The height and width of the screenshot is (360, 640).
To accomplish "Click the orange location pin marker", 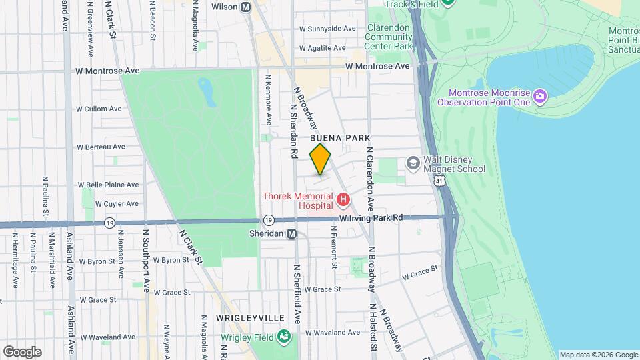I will tap(321, 159).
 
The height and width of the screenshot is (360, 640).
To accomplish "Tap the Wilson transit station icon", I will tap(245, 7).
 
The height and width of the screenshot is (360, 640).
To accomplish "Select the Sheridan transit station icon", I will tap(291, 233).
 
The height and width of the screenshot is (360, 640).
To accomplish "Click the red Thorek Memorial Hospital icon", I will tap(343, 199).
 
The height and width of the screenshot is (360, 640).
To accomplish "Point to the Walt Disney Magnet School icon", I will tap(413, 163).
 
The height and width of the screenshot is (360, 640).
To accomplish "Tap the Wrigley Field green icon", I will tap(285, 336).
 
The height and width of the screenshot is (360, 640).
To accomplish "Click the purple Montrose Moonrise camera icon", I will tap(539, 97).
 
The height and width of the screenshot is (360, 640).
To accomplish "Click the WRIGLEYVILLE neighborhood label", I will tap(250, 318).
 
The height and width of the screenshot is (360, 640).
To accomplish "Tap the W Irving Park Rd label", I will tap(371, 218).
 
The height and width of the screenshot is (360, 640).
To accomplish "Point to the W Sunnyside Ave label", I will tap(328, 29).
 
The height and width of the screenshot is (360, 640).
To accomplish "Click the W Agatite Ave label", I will tap(323, 48).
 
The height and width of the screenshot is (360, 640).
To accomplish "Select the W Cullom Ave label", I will tap(99, 109).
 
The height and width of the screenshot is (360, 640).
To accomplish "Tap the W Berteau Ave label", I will tap(101, 147).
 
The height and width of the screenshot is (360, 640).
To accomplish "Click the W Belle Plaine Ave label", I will tap(108, 185).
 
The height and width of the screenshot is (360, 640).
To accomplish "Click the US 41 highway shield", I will tap(438, 181).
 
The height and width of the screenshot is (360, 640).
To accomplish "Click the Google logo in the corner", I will tap(22, 352).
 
